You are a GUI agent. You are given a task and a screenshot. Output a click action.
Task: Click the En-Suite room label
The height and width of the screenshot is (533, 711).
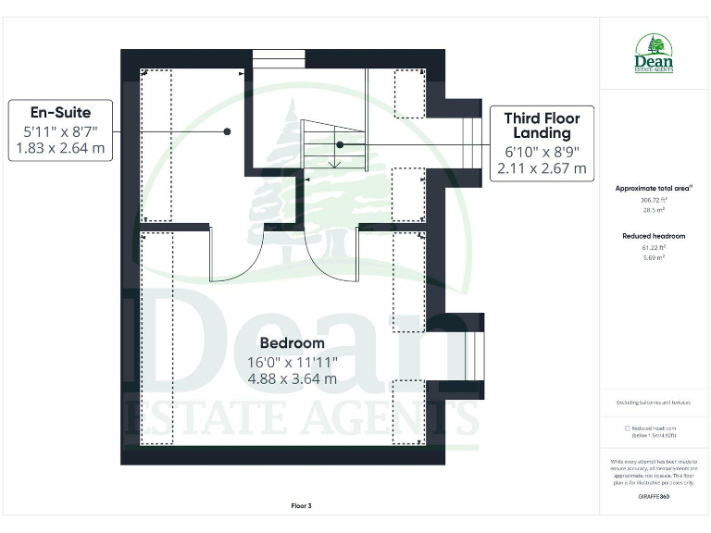tap(59, 113)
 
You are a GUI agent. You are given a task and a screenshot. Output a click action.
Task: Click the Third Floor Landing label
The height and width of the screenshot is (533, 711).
tap(542, 125)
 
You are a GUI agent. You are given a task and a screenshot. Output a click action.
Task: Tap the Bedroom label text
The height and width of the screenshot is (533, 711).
tap(292, 343)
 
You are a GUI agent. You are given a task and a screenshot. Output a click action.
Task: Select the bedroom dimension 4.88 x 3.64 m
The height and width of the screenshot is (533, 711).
tap(292, 378)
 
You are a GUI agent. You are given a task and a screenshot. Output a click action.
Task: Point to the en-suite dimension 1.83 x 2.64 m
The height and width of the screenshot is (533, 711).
tap(59, 147)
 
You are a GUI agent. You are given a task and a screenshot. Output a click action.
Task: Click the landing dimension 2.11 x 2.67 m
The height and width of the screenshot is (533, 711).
tap(542, 168)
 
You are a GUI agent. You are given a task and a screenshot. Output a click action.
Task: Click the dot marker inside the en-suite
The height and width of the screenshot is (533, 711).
tap(227, 132)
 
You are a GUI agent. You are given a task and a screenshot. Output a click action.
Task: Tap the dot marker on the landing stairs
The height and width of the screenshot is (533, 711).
tap(340, 144)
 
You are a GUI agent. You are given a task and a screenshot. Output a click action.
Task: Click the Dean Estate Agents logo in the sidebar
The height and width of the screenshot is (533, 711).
tap(654, 54)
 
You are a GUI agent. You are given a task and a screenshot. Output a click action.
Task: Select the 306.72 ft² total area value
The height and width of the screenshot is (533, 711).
tap(654, 199)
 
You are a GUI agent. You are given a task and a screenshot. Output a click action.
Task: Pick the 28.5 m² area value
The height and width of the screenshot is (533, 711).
tap(654, 210)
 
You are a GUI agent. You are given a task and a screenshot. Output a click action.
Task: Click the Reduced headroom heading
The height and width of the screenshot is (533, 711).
tap(654, 236)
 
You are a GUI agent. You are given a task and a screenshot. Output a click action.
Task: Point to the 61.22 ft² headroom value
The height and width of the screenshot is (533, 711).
tap(654, 247)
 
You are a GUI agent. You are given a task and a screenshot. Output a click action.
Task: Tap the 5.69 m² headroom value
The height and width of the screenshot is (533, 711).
tap(654, 258)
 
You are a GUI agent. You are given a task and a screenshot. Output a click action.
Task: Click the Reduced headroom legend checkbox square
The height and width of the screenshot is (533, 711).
tap(628, 428)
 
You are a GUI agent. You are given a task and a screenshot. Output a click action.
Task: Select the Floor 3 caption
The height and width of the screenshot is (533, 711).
tap(302, 505)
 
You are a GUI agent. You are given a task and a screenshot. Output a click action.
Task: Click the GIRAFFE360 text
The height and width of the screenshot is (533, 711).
tap(654, 497)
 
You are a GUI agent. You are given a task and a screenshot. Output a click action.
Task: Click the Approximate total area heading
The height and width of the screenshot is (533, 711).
tap(654, 188)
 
